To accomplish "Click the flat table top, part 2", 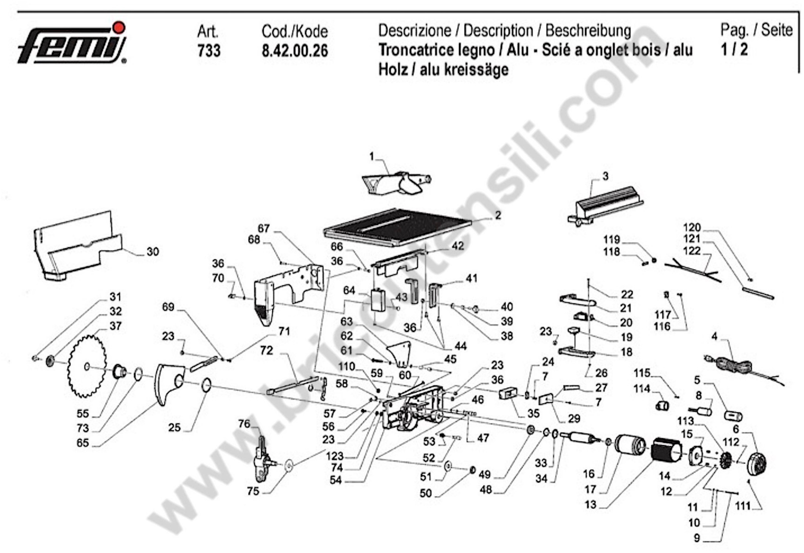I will point(397,228).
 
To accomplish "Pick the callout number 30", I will point(153,252).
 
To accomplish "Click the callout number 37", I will point(115,326).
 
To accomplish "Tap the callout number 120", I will point(692,228).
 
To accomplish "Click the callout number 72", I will point(267,351).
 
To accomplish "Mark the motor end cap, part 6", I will point(756,463).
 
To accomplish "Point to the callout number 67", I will point(264,229).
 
